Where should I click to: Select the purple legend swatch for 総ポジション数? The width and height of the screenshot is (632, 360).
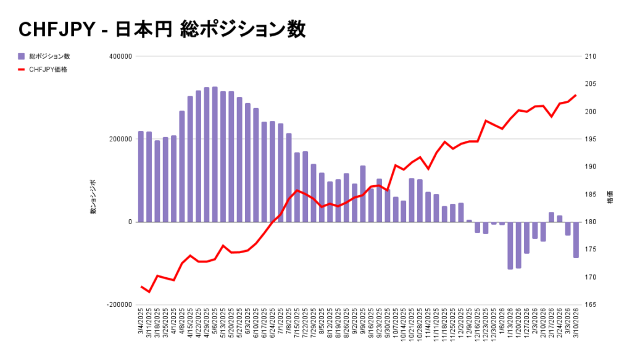coord(22,57)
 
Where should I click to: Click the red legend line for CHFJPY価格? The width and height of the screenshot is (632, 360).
coord(22,69)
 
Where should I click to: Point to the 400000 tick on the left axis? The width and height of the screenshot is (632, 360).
coord(120,57)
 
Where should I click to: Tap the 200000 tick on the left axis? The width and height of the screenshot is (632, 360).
coord(120,140)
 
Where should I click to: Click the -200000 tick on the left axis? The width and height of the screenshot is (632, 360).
coord(119,305)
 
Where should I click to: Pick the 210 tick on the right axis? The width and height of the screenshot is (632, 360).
coord(590,57)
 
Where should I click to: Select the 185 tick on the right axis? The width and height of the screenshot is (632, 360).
coord(590,195)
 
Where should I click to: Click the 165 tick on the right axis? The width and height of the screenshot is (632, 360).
coord(590,305)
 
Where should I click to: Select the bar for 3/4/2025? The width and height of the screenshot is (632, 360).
coord(141,177)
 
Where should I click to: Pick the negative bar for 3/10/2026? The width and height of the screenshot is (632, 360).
coord(576,240)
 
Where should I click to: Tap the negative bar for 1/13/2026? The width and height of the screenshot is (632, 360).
coord(510,245)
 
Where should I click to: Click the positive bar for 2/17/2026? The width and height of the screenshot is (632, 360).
coord(551,217)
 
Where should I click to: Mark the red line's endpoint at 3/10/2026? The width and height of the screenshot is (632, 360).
coord(576,95)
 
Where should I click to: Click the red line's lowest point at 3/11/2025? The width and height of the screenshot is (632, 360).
coord(149,291)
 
